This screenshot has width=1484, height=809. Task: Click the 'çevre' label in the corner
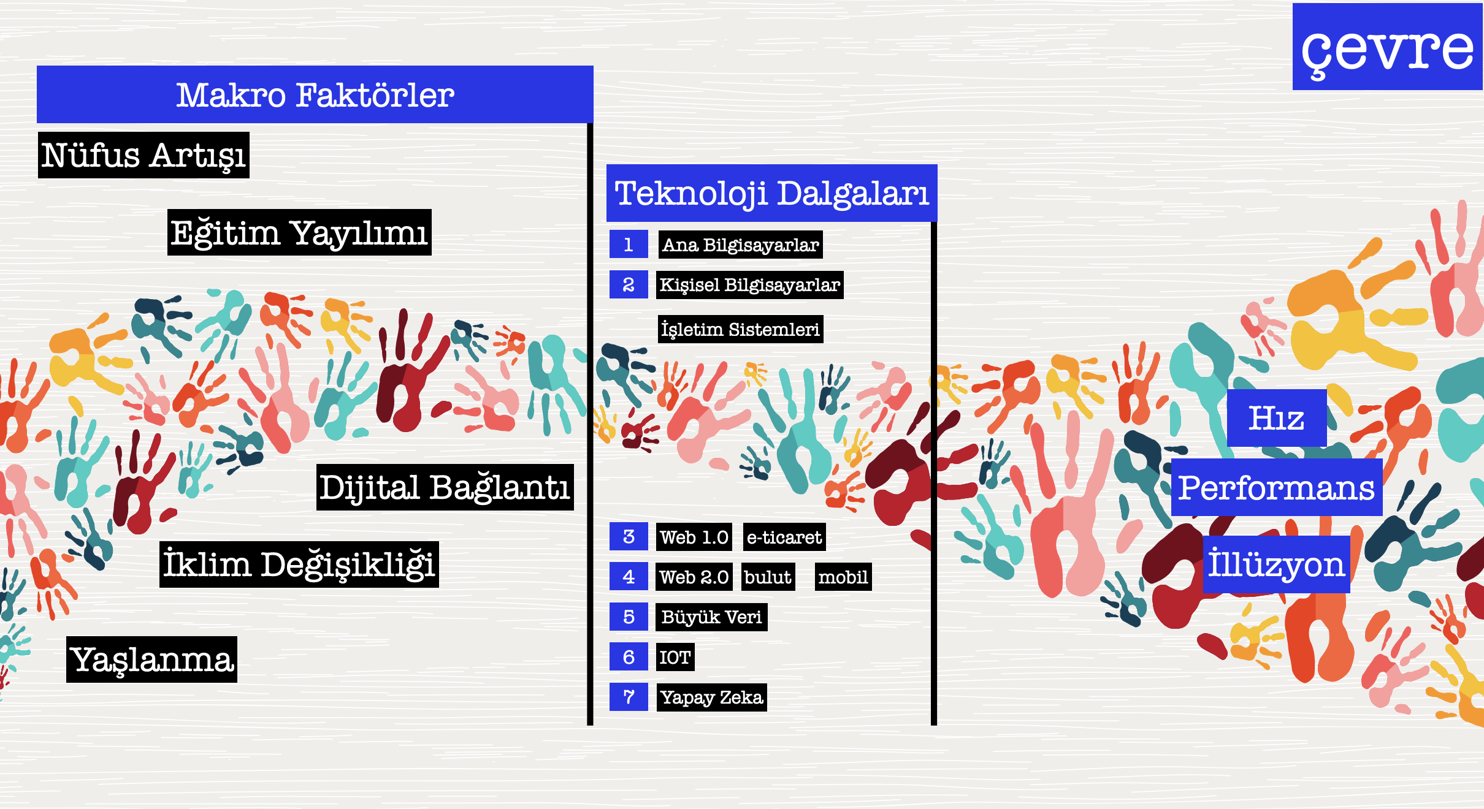pyautogui.click(x=1387, y=47)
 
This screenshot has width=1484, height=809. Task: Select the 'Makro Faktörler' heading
pyautogui.click(x=315, y=94)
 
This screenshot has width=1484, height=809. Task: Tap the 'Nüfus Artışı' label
pyautogui.click(x=143, y=155)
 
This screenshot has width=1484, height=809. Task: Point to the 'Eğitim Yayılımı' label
pyautogui.click(x=299, y=232)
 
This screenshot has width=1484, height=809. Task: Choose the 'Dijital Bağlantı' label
pyautogui.click(x=445, y=487)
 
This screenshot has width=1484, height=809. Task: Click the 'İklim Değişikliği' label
pyautogui.click(x=299, y=564)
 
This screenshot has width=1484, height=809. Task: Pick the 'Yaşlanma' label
pyautogui.click(x=152, y=659)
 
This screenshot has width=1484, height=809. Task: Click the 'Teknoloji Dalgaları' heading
pyautogui.click(x=772, y=193)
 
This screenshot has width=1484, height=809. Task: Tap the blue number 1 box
pyautogui.click(x=629, y=245)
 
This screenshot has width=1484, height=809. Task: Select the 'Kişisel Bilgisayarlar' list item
pyautogui.click(x=750, y=285)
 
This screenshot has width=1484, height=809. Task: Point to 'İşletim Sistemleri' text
pyautogui.click(x=741, y=329)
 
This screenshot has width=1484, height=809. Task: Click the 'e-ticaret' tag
pyautogui.click(x=784, y=537)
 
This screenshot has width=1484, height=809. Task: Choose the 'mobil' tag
pyautogui.click(x=843, y=577)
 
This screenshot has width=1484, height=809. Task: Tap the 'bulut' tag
pyautogui.click(x=768, y=577)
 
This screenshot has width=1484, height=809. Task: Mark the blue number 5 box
pyautogui.click(x=629, y=617)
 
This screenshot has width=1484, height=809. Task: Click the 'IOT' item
pyautogui.click(x=675, y=657)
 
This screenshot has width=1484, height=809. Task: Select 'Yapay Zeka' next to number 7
pyautogui.click(x=712, y=697)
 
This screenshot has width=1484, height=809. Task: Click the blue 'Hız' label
pyautogui.click(x=1277, y=418)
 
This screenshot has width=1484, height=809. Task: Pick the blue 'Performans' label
pyautogui.click(x=1277, y=487)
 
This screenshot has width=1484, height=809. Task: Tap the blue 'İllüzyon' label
pyautogui.click(x=1276, y=564)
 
